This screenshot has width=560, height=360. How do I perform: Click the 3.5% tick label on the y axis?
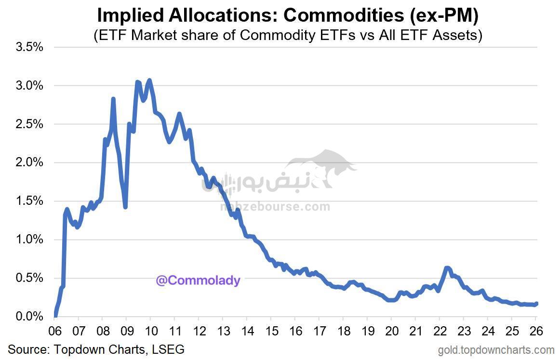30,47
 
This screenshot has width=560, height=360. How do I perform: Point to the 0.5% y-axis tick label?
30,278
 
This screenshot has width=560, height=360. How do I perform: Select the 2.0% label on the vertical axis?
30,162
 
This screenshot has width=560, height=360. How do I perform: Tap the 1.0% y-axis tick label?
30,240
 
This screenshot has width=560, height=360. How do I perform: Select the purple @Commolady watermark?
198,280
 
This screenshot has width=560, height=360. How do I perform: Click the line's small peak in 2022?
447,268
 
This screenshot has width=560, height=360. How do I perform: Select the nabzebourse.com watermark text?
275,207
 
